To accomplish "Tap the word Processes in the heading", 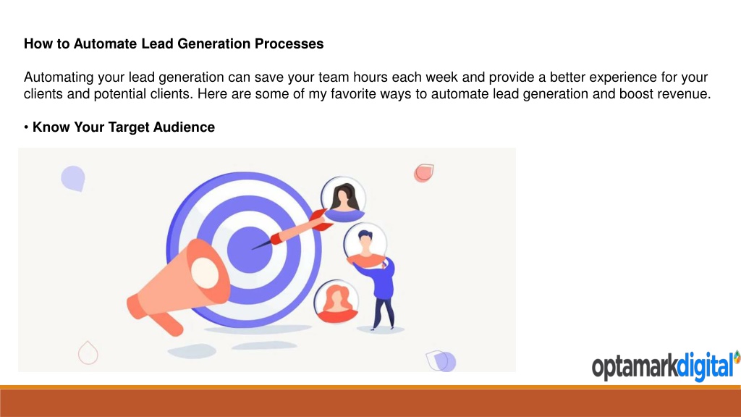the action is pos(289,43).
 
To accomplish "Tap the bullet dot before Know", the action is pos(26,127).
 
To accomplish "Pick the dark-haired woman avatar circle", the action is pos(343,199).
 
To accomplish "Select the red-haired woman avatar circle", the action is pos(336,302).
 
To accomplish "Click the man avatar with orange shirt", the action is pos(365,246).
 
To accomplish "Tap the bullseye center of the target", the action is pos(250,250).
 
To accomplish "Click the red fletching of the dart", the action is pos(319,220).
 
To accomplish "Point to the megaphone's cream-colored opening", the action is pos(205,273).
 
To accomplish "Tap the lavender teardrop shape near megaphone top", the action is pos(73,178).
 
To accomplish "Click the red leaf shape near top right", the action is pos(424,173).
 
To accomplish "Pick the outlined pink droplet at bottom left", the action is pos(88,353).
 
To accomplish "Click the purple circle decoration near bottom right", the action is pos(445,362).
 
